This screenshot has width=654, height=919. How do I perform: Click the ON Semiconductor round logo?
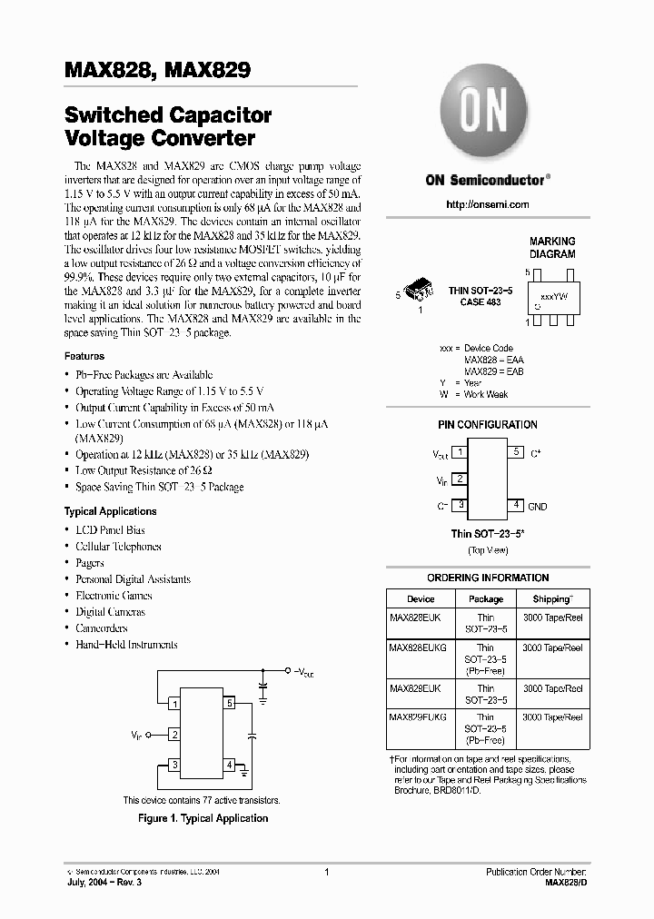(x=487, y=114)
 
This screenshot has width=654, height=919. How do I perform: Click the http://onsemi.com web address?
(x=487, y=205)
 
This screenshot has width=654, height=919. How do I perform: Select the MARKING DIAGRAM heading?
(x=552, y=248)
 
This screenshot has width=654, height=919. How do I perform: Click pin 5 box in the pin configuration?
(x=515, y=452)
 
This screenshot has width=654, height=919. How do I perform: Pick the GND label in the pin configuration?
(x=538, y=507)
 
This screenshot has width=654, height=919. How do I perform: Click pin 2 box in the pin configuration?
(x=460, y=479)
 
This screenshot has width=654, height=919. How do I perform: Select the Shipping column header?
(x=552, y=599)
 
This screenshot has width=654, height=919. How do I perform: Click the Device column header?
(x=421, y=599)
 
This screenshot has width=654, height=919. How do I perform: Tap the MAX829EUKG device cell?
(x=418, y=717)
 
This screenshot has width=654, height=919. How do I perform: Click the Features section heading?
(x=84, y=357)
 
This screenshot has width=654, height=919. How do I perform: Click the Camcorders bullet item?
(x=102, y=628)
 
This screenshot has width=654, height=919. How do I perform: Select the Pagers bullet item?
(x=90, y=563)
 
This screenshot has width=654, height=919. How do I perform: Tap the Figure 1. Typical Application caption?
(x=203, y=818)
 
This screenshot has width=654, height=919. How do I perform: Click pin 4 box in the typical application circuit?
(x=230, y=765)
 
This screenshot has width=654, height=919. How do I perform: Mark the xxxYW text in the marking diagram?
(x=553, y=297)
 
